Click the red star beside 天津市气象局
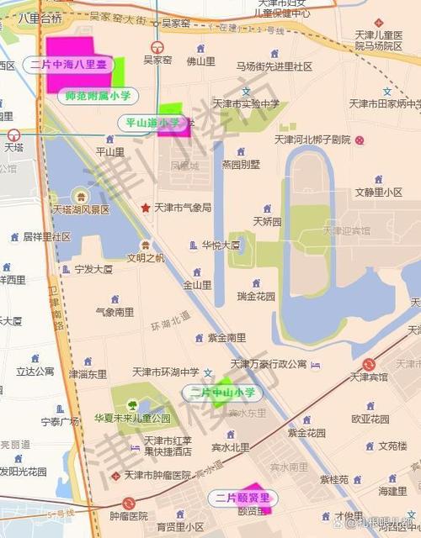[145, 207]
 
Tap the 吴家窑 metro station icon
[156, 48]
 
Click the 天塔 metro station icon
[13, 134]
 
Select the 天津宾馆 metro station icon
[369, 364]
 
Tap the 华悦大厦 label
[221, 245]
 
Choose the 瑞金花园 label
[256, 296]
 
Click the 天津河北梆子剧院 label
[312, 139]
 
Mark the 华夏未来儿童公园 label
[132, 418]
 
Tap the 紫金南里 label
[227, 337]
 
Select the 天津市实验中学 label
[246, 103]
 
